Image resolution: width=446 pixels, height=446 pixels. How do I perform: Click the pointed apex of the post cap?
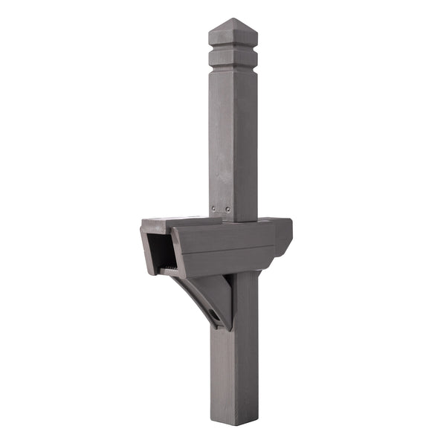pos(232,19)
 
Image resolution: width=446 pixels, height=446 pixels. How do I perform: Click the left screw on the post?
pos(214,209)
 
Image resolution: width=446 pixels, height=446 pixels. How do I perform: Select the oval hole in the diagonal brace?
pos(215,316)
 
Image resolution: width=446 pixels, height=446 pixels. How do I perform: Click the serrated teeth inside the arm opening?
pos(170,267)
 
